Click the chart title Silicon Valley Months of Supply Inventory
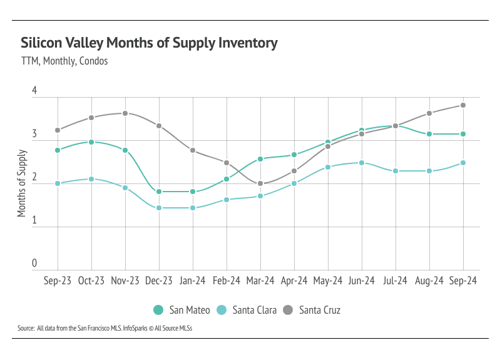coord(149,43)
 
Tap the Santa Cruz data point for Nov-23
coord(125,113)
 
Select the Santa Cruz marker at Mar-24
coord(260,184)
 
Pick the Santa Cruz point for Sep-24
coord(463,105)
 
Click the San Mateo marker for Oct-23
coord(91,142)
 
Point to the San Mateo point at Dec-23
coord(159,192)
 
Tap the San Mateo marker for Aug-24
coord(429,134)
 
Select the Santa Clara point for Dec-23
coord(159,208)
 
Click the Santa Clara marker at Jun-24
coord(362,163)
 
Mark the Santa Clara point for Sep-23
coord(58,183)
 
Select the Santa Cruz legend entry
coord(312,310)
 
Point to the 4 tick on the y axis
coord(34,91)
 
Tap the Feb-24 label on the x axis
coord(227,281)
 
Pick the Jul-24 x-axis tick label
coord(395,281)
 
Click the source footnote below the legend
coord(105,328)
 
